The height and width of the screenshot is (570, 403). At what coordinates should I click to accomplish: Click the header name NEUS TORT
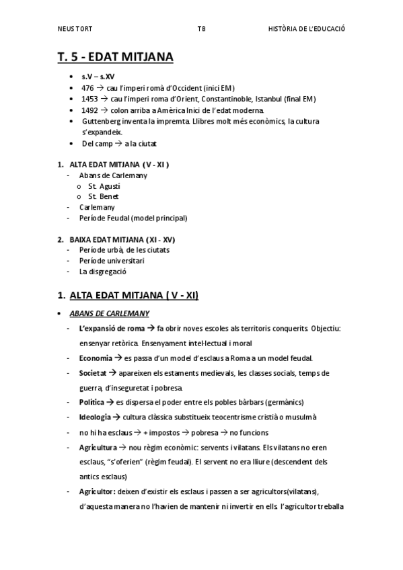[75, 29]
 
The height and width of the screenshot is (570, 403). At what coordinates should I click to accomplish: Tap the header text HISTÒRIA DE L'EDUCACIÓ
[306, 29]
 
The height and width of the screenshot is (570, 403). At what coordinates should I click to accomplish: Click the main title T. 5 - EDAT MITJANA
[115, 58]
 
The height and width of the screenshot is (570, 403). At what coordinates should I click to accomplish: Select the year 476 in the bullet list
[87, 88]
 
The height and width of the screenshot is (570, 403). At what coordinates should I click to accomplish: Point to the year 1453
[89, 99]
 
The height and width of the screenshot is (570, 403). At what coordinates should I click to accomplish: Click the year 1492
[89, 110]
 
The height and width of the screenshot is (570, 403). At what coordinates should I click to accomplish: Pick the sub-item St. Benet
[103, 196]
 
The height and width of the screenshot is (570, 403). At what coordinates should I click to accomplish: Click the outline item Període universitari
[112, 261]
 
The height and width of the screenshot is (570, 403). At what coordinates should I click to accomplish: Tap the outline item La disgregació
[103, 272]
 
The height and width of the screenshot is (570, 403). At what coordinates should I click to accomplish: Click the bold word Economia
[96, 358]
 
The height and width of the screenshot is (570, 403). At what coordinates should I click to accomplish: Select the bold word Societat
[93, 372]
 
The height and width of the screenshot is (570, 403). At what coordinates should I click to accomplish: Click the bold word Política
[91, 402]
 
